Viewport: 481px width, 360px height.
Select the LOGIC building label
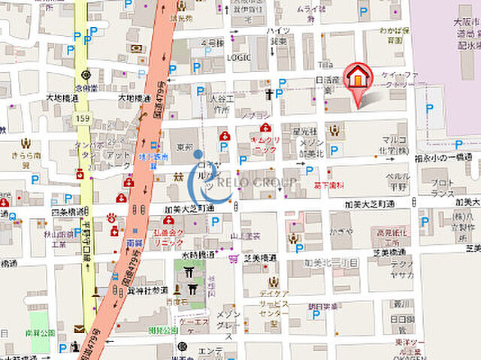(x=238, y=56)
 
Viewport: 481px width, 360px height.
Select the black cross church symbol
(x=268, y=95)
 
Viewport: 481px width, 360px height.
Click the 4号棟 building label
(x=212, y=43)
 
